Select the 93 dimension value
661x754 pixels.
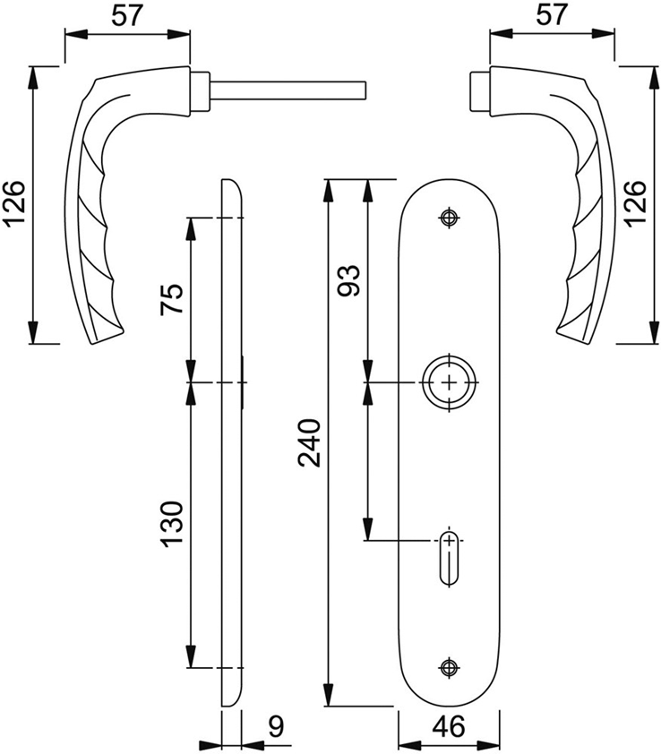pos(350,280)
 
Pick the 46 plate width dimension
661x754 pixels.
pos(447,727)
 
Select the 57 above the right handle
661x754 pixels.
pos(553,15)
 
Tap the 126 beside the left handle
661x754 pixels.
pos(16,205)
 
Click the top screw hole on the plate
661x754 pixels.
pos(448,217)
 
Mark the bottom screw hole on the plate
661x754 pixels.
pos(448,666)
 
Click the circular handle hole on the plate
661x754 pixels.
pos(448,382)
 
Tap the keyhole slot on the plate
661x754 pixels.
pos(448,557)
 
